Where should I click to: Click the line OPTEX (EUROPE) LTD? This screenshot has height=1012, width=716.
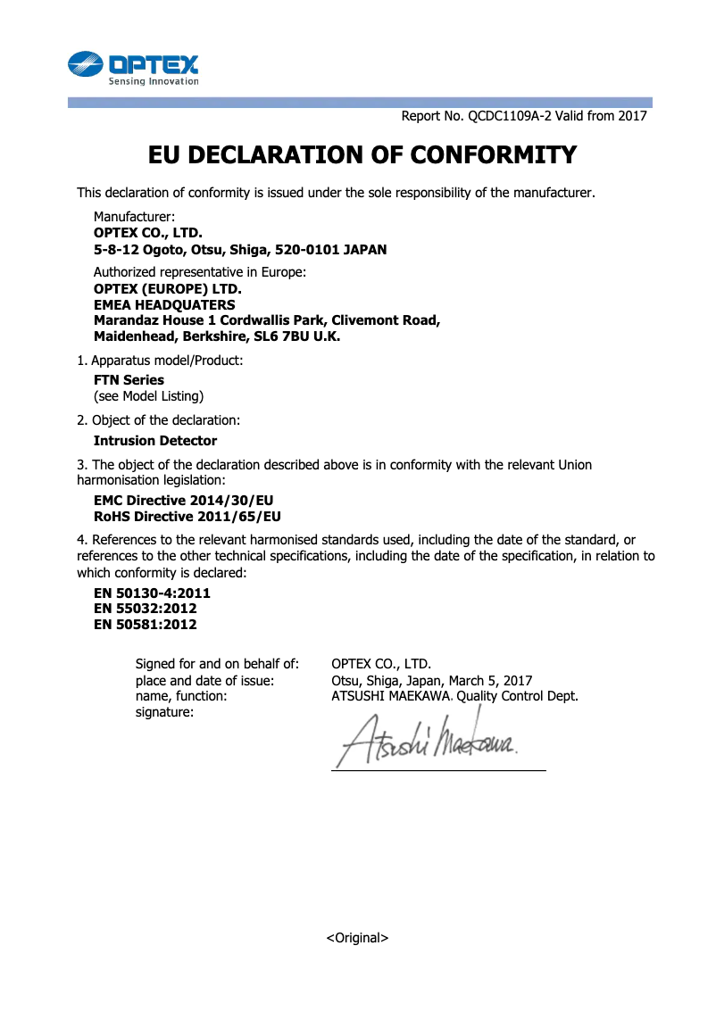point(168,289)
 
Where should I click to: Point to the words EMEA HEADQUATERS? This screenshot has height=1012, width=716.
point(164,305)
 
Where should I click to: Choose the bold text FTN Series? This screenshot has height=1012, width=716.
point(129,380)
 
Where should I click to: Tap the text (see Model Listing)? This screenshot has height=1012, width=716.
point(148,395)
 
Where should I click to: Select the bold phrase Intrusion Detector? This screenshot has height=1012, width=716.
point(155,441)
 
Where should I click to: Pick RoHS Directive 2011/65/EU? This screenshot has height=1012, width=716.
point(187,517)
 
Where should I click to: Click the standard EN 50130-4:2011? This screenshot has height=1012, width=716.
point(152,593)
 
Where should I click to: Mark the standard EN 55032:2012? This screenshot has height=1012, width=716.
point(146,609)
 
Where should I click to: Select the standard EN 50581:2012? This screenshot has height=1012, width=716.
point(146,625)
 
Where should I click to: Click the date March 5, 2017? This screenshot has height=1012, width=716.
point(490,680)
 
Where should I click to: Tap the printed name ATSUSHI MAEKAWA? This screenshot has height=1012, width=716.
point(391,696)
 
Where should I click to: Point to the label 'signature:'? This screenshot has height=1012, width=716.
point(164,712)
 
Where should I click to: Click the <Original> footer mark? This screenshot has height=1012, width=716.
point(357,938)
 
